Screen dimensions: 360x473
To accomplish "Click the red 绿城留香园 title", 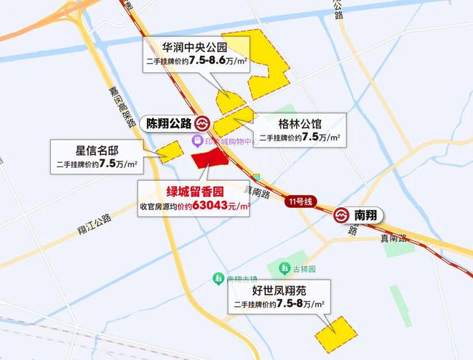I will [194, 192].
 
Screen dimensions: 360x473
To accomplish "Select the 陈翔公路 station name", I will [170, 123].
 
